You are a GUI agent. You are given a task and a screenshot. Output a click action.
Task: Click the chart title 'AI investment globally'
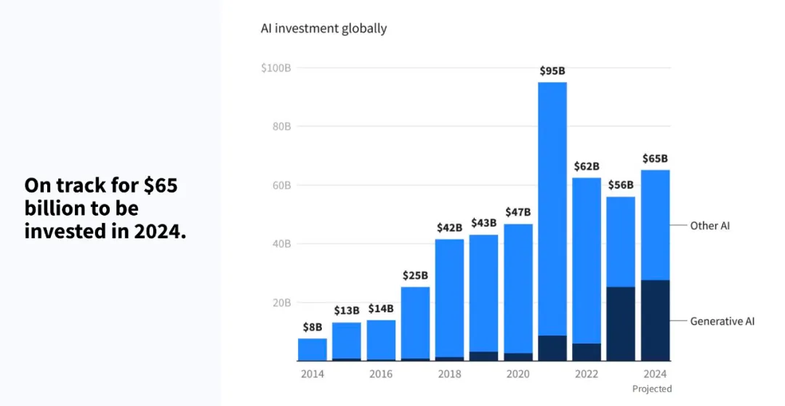[x=323, y=29]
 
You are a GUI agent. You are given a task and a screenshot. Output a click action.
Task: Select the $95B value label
[x=552, y=71]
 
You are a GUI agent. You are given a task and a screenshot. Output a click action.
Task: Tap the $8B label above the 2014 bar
[x=312, y=327]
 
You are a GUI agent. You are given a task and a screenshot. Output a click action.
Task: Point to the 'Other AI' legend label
[x=709, y=226]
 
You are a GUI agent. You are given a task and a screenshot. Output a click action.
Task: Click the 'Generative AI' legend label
[x=722, y=321]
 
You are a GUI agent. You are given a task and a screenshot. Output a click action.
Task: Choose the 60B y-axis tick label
[x=281, y=185]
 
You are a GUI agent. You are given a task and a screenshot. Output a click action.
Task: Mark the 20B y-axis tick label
[x=281, y=303]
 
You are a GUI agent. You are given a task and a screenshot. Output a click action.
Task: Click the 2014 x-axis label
[x=312, y=374]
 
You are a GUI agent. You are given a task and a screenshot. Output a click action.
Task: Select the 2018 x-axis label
[x=449, y=374]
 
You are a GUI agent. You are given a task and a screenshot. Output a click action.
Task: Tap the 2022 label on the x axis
[x=587, y=374]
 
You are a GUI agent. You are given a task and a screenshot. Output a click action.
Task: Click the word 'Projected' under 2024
[x=652, y=389]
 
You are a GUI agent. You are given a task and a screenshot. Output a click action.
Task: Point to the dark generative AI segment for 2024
[x=655, y=320]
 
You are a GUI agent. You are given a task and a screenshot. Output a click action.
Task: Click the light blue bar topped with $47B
[x=518, y=287]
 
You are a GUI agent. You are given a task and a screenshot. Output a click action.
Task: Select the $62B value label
[x=587, y=166]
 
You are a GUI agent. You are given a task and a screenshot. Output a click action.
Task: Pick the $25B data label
[x=415, y=275]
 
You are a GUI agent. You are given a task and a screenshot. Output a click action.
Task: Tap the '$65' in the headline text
[x=160, y=186]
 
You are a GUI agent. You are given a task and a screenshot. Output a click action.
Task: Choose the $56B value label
[x=621, y=185]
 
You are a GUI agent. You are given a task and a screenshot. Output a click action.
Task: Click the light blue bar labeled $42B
[x=449, y=298]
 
